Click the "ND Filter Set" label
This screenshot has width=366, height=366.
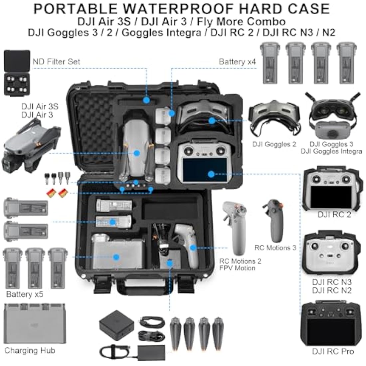click(56, 62)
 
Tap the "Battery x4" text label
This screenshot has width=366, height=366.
click(237, 62)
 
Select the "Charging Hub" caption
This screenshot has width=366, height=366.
click(30, 350)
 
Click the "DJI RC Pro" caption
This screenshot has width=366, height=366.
click(333, 352)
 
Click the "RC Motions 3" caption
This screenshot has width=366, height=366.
click(275, 248)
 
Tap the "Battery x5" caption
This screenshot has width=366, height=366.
click(25, 294)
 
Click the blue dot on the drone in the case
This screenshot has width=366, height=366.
click(136, 153)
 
